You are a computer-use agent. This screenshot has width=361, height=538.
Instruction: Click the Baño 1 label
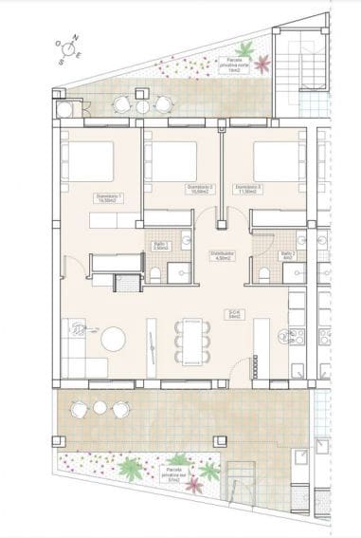[160, 246]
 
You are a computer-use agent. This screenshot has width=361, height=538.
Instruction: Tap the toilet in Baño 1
[154, 273]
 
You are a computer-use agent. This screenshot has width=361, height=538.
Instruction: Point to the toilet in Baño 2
[264, 274]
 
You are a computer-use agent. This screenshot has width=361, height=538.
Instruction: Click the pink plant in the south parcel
[194, 485]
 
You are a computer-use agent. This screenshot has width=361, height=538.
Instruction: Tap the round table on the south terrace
[99, 408]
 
